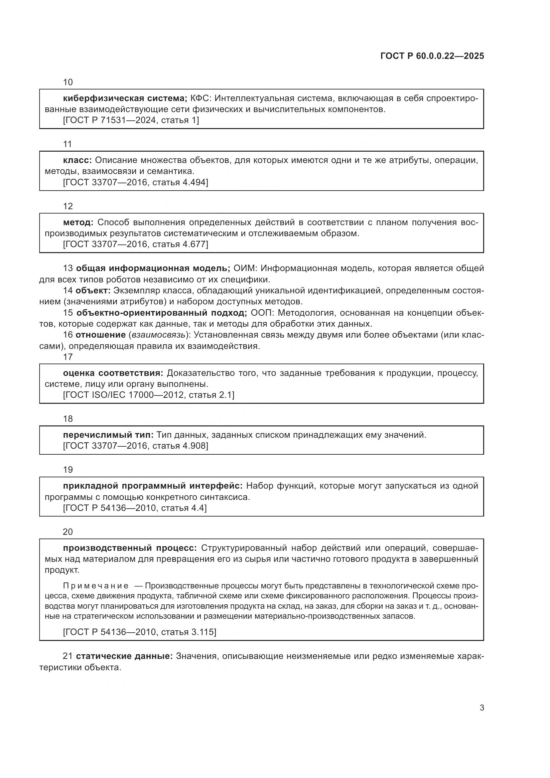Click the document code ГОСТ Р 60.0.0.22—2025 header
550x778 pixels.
(432, 56)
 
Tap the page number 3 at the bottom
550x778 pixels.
(481, 708)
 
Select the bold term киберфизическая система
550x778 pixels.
(125, 98)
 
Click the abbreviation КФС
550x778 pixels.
(201, 98)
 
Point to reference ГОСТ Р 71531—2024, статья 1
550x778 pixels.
(131, 120)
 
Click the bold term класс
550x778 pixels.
(77, 160)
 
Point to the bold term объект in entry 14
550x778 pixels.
(93, 290)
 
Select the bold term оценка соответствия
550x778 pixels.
(113, 373)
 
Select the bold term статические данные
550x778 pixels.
(124, 656)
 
